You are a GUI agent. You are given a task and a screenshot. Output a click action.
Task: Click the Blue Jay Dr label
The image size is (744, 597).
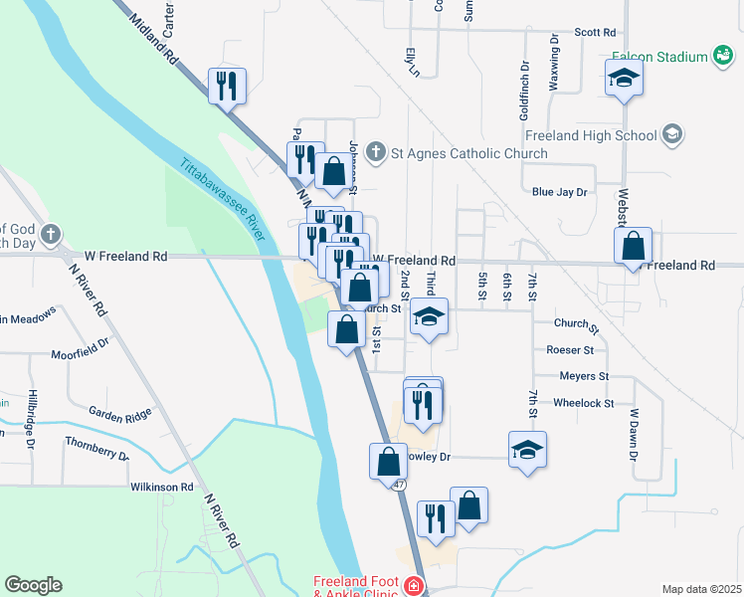point(560,191)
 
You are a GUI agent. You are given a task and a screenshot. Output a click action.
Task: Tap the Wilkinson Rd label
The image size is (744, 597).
point(161,487)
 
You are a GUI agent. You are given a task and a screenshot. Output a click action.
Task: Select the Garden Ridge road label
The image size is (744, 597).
point(119,413)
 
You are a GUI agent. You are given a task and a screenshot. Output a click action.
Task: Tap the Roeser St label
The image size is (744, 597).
point(570,350)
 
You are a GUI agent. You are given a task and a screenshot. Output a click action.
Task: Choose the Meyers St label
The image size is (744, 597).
point(584,376)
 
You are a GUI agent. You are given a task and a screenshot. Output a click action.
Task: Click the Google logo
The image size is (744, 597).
point(33,584)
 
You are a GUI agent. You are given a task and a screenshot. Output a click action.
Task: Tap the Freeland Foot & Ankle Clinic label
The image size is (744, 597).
point(357,586)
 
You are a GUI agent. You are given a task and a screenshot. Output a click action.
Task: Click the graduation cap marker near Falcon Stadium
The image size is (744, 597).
point(624,78)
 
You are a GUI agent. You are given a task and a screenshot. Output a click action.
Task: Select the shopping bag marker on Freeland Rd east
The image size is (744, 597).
point(633,247)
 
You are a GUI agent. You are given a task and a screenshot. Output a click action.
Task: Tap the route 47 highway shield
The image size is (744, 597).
point(398,485)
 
